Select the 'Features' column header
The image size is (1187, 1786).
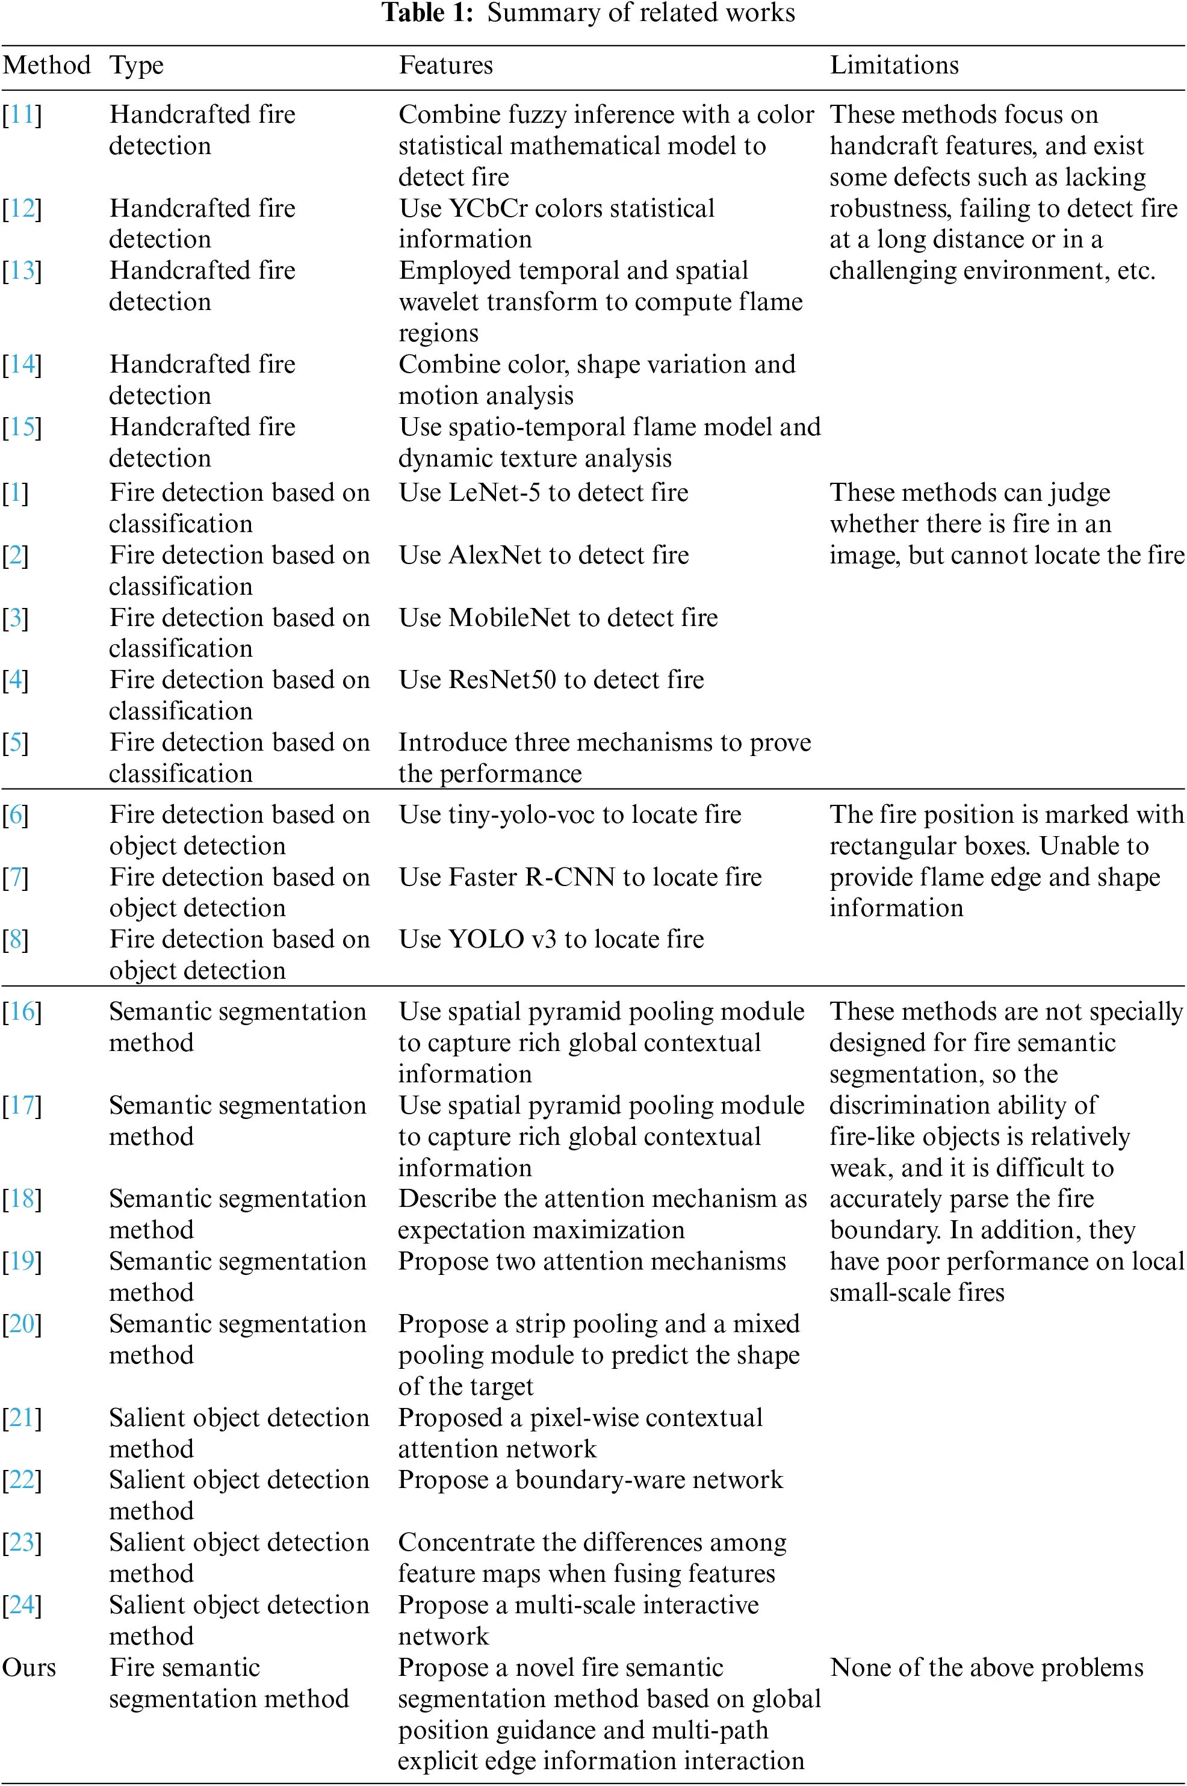[x=446, y=65]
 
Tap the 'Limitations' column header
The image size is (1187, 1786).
[x=894, y=65]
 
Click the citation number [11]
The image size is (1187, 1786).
[x=22, y=114]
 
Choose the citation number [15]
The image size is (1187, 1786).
[x=22, y=427]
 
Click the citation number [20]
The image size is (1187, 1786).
[x=22, y=1324]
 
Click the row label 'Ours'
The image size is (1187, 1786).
[x=29, y=1667]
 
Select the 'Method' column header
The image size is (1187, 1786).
[x=47, y=65]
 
